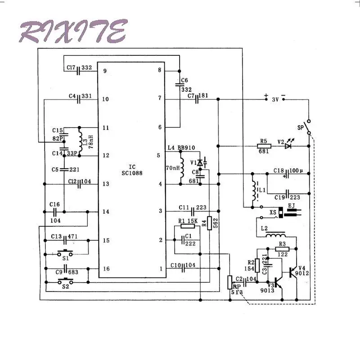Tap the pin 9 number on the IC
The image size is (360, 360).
(105, 71)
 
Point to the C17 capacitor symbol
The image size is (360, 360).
(79, 70)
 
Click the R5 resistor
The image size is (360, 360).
(265, 145)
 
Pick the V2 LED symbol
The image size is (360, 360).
(288, 145)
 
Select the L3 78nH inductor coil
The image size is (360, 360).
(80, 140)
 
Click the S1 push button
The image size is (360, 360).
(67, 253)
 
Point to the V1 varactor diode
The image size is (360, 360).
(201, 162)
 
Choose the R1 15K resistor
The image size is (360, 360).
(187, 226)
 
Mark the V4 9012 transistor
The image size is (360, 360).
(293, 271)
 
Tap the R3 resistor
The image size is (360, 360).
(282, 248)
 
